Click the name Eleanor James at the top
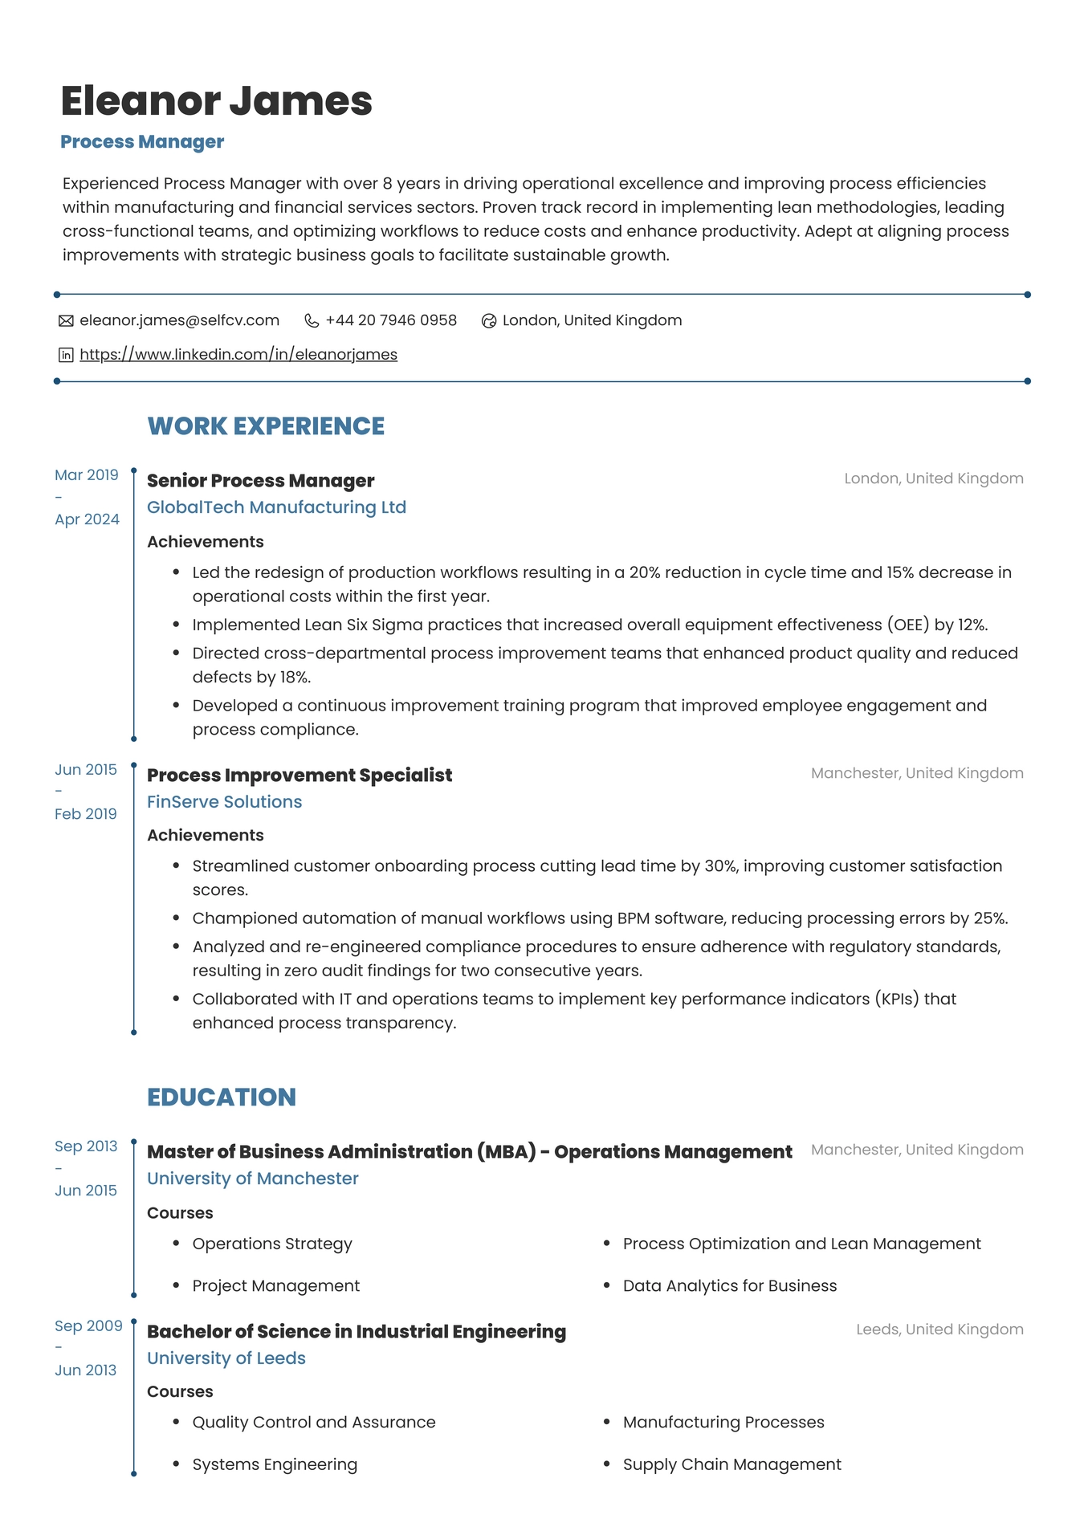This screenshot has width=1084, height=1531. coord(217,101)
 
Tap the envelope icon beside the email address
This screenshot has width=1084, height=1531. coord(66,321)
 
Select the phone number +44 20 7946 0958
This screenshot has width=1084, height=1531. coord(391,320)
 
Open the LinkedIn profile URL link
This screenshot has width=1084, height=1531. coord(238,354)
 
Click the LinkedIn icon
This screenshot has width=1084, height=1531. coord(66,355)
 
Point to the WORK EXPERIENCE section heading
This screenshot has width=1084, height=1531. coord(266,426)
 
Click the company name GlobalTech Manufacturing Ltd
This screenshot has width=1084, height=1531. coord(276,507)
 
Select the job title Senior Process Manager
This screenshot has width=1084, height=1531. coord(260,480)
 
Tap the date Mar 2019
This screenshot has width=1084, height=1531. coord(87,475)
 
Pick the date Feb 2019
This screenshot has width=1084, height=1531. coord(86,814)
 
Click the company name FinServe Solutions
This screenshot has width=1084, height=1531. coord(224,801)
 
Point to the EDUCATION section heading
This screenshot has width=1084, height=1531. coord(222,1097)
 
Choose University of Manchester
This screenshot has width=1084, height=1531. coord(252,1179)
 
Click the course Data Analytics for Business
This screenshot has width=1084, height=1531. coord(729,1285)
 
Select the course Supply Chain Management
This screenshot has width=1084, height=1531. coord(731,1464)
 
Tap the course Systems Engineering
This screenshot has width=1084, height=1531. coord(275,1464)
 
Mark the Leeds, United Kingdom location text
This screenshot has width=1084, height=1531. coord(939,1329)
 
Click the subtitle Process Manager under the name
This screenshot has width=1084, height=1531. coord(142,142)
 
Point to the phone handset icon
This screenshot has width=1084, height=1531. coord(312,321)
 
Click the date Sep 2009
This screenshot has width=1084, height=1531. coord(88,1326)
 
